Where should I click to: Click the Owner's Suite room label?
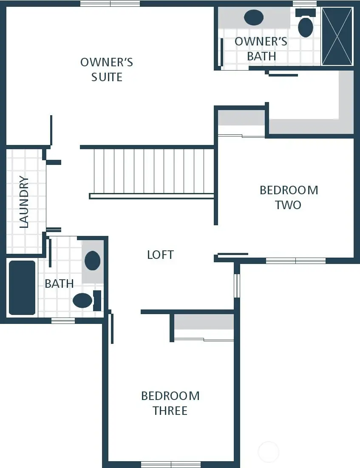coord(107,69)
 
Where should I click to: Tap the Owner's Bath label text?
coord(261,48)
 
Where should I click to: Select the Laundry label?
coord(24,202)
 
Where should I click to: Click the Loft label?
coord(160,255)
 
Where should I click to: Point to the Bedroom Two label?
coord(289,197)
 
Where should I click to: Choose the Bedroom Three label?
coord(170,403)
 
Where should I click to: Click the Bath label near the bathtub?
coord(59,284)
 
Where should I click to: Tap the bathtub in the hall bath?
coord(22,288)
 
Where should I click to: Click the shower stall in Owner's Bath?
coord(337,36)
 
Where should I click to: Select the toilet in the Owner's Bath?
coord(306,26)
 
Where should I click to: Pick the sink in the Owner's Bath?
coord(254,17)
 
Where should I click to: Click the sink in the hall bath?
coord(93,261)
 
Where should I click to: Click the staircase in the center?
coord(153,171)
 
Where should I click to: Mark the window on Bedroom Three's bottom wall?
coord(170,464)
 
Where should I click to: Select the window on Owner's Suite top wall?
coord(110,3)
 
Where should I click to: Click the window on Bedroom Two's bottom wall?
coord(295,261)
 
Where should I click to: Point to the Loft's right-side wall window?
coord(237,286)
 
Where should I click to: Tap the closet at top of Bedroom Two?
coord(241,122)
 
